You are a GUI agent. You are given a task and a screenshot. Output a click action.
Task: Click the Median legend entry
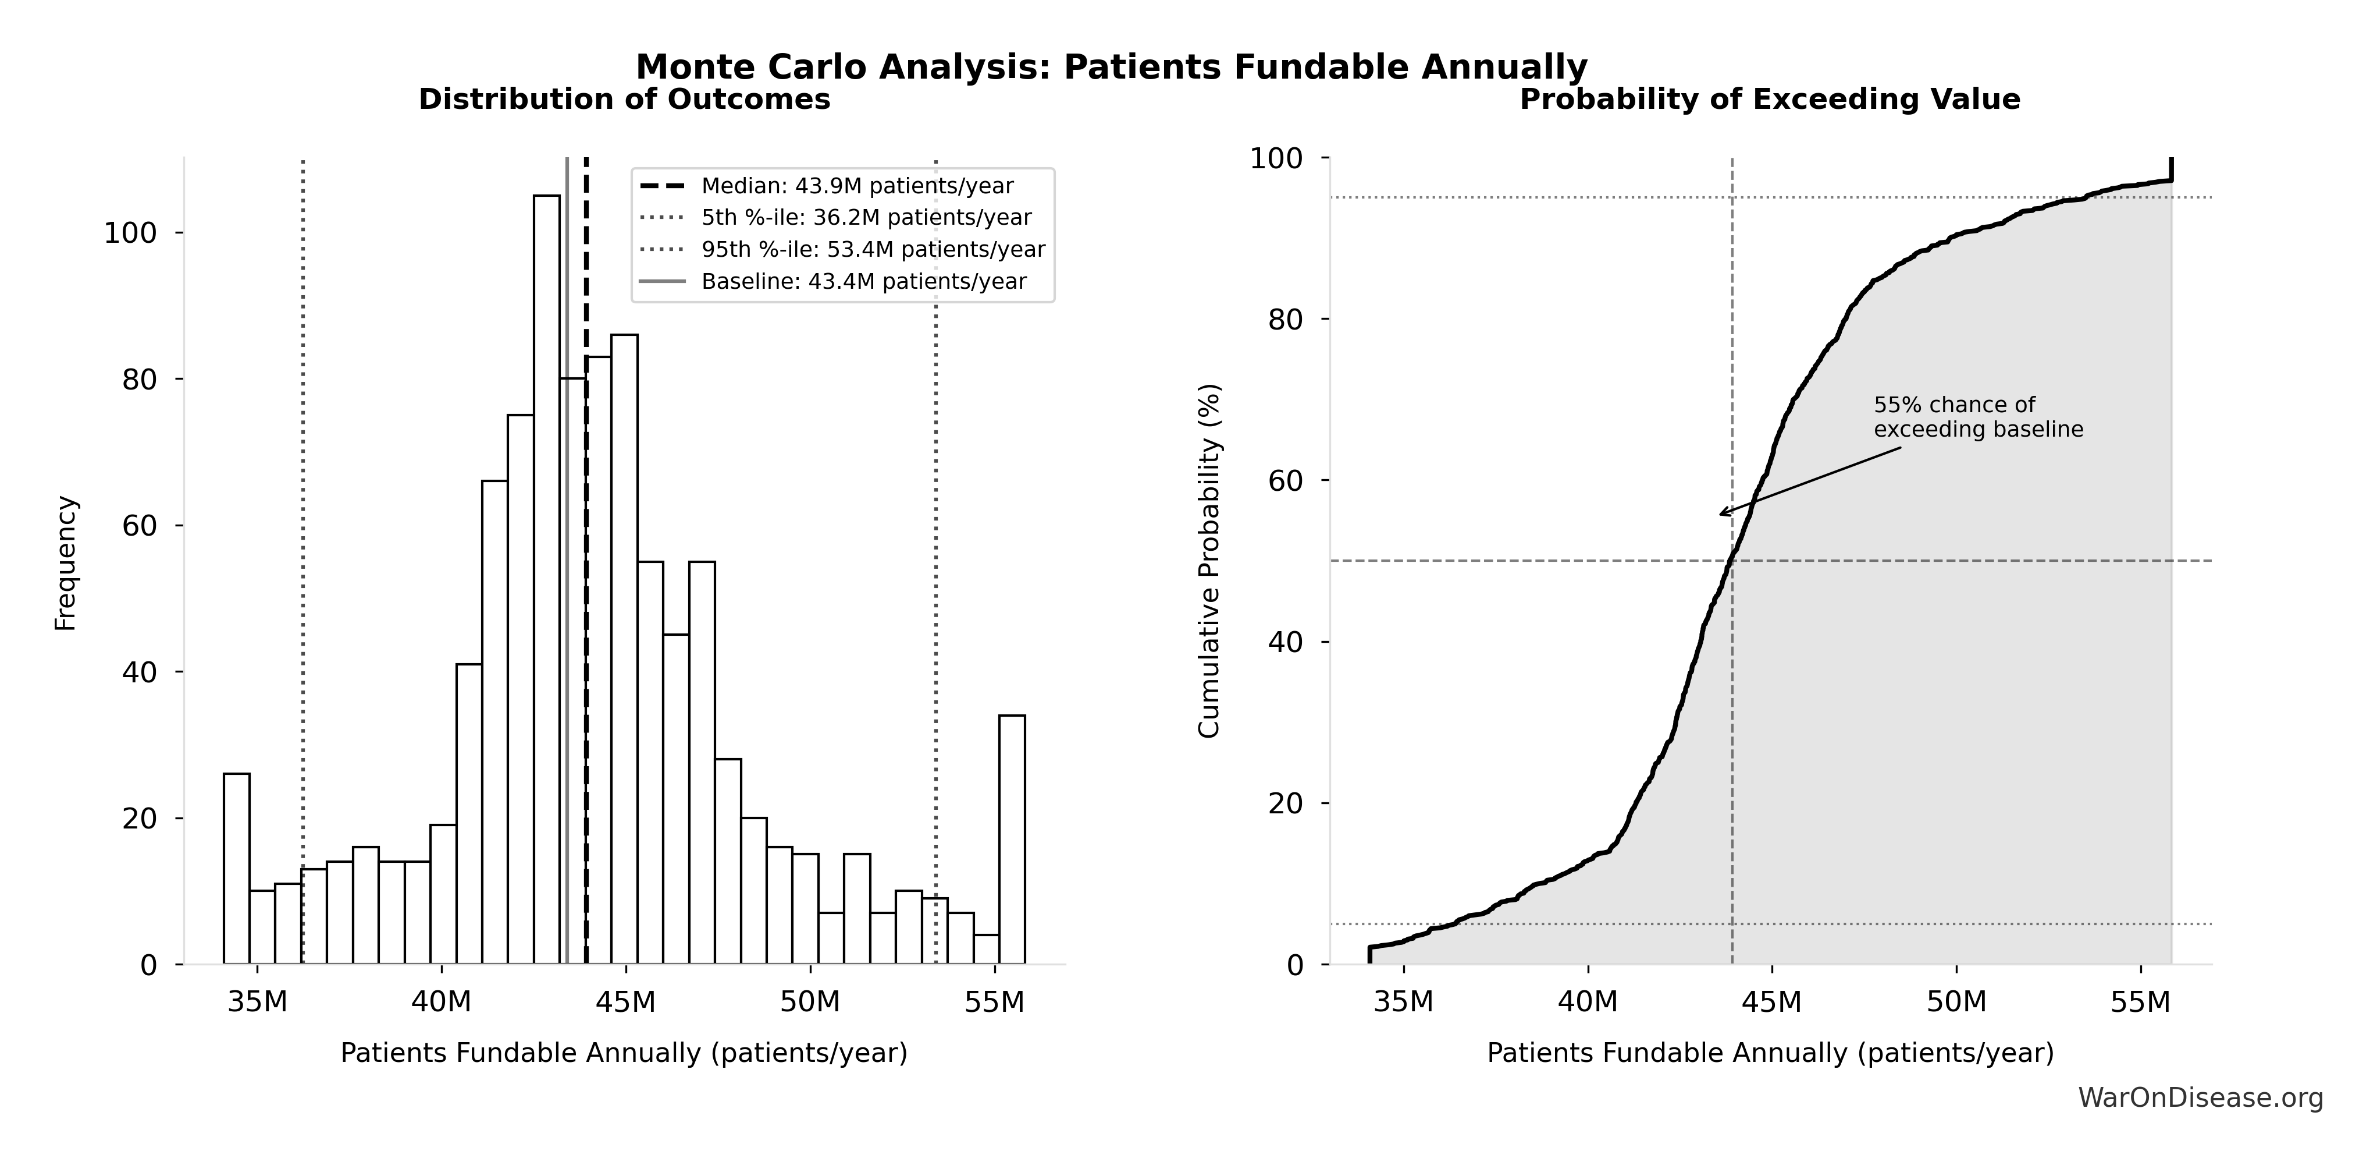[856, 186]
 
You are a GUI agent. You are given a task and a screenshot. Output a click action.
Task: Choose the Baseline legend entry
[863, 282]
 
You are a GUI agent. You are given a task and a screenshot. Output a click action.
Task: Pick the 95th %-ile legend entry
[872, 249]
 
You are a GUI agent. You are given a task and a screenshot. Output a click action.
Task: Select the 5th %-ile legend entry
[866, 218]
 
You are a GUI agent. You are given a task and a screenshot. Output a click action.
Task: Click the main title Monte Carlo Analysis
[1111, 66]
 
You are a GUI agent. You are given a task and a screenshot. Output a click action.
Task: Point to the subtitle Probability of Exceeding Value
[1769, 100]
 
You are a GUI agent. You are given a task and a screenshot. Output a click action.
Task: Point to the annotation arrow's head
[1721, 514]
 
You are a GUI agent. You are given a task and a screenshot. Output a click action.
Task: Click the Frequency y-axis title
[66, 563]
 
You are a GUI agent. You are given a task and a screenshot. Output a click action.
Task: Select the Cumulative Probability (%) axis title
[1209, 560]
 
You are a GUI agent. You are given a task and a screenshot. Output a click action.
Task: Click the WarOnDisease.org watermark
[2200, 1097]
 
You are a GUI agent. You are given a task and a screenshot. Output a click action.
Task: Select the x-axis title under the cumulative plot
[1770, 1053]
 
